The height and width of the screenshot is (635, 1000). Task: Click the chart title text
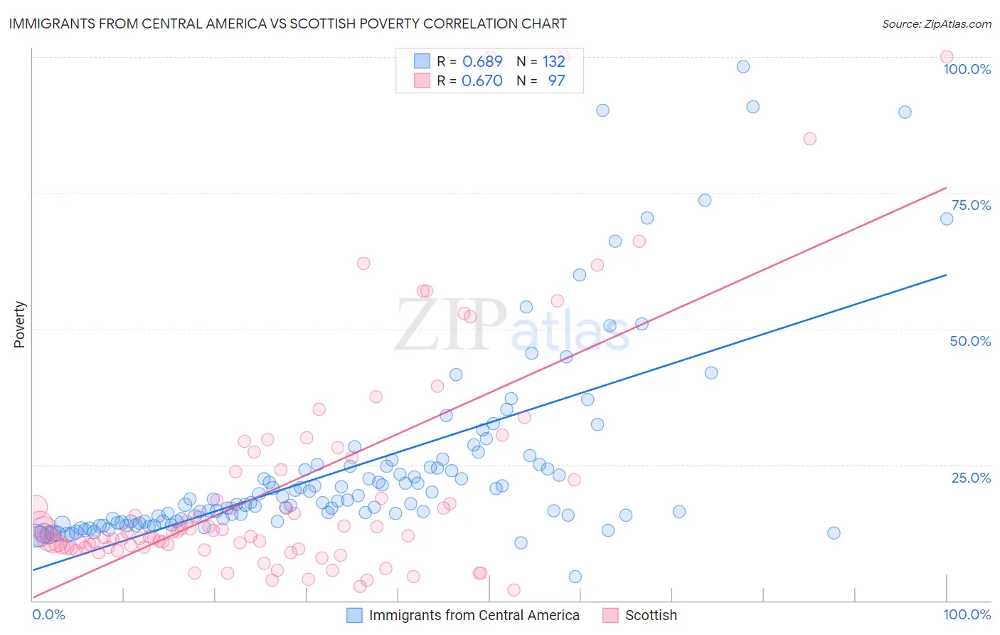pyautogui.click(x=288, y=23)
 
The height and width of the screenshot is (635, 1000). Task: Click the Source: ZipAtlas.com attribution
pyautogui.click(x=936, y=23)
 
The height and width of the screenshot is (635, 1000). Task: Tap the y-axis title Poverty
pyautogui.click(x=19, y=325)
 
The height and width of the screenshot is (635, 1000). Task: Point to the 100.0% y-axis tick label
pyautogui.click(x=967, y=69)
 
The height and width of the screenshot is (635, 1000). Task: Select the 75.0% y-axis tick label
pyautogui.click(x=971, y=205)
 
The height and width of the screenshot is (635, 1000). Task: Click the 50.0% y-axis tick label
pyautogui.click(x=970, y=341)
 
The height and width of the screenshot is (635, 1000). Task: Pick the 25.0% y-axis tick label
pyautogui.click(x=971, y=477)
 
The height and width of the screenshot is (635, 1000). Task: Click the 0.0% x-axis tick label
pyautogui.click(x=48, y=614)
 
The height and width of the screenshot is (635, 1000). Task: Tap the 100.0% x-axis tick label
pyautogui.click(x=967, y=614)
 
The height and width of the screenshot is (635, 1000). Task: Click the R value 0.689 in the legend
pyautogui.click(x=482, y=61)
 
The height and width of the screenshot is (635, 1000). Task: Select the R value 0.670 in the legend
pyautogui.click(x=482, y=80)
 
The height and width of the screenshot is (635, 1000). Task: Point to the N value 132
pyautogui.click(x=553, y=61)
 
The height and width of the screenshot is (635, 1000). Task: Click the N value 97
pyautogui.click(x=556, y=80)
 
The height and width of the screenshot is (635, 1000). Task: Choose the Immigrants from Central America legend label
pyautogui.click(x=474, y=615)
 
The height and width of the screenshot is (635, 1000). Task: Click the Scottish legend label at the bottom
pyautogui.click(x=651, y=615)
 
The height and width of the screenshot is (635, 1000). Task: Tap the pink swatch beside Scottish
pyautogui.click(x=610, y=615)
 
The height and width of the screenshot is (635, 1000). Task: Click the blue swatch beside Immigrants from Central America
pyautogui.click(x=354, y=615)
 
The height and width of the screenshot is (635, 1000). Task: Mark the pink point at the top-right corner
pyautogui.click(x=946, y=57)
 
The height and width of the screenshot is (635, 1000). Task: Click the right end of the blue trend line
pyautogui.click(x=946, y=275)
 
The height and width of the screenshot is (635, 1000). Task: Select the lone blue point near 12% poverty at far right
pyautogui.click(x=834, y=532)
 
